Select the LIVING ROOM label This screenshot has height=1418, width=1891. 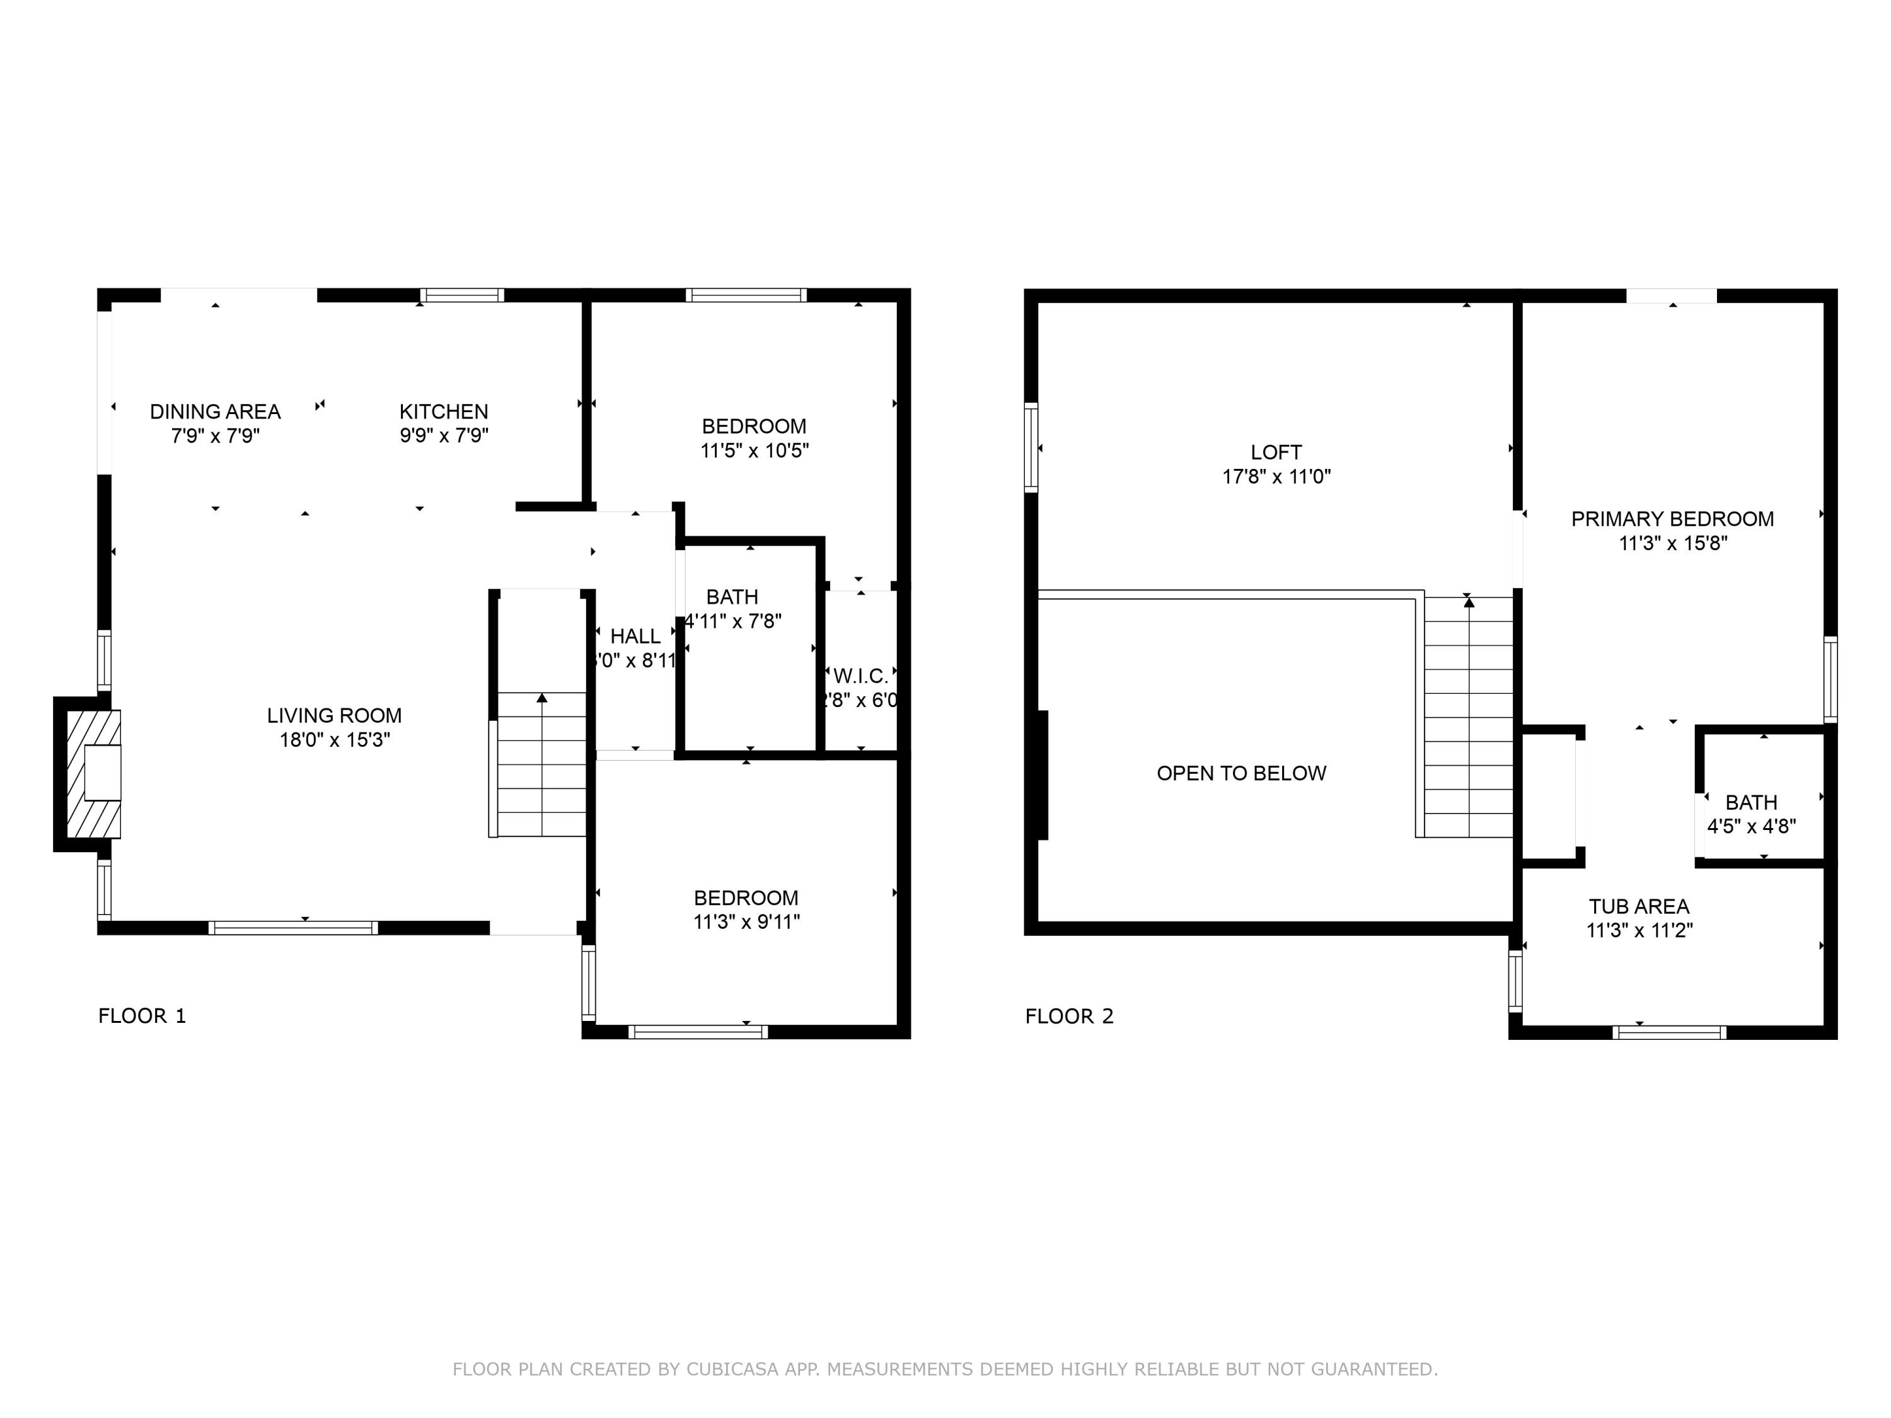coord(334,715)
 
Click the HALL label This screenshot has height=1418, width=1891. coord(635,636)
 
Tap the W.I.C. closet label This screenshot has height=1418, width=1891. coord(861,676)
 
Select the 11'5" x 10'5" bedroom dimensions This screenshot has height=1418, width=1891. coord(754,451)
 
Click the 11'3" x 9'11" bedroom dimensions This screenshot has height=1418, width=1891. coord(746,921)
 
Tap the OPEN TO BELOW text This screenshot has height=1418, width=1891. coord(1241,773)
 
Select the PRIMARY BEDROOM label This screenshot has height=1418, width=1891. coord(1672,519)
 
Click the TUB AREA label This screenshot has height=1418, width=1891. coord(1639,906)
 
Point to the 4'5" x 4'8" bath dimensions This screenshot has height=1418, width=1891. coord(1751,826)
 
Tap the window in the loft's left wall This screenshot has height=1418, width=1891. coord(1031,447)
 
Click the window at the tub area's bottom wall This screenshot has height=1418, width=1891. coord(1668,1032)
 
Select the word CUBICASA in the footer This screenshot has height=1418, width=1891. coord(732,1369)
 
